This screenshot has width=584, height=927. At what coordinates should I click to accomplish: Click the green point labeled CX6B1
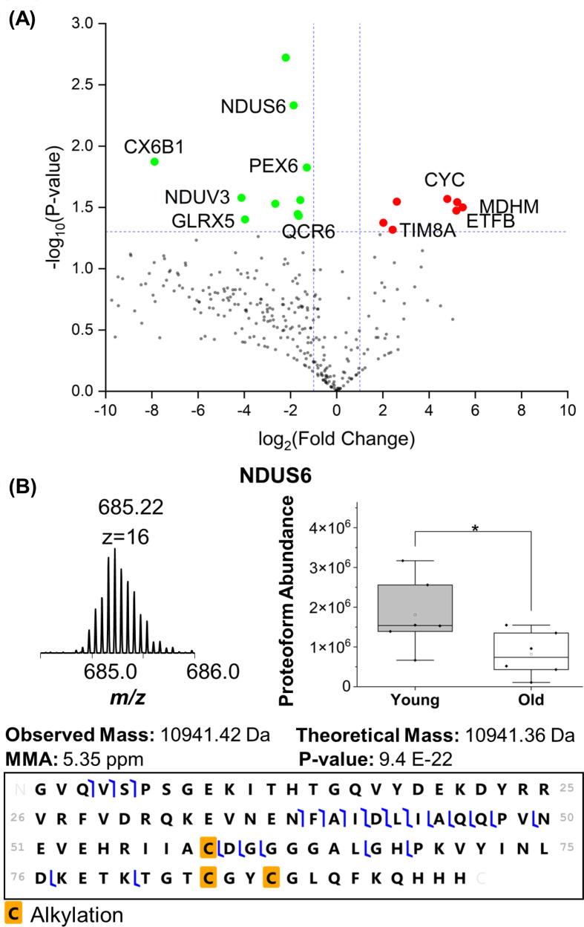coord(154,161)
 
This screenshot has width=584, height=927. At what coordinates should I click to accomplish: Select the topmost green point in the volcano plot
coord(286,58)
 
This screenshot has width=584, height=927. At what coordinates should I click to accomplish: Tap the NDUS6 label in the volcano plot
coord(253,106)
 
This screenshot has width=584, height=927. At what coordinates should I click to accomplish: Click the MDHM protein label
coord(509,206)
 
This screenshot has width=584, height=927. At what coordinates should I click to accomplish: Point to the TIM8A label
coord(427,231)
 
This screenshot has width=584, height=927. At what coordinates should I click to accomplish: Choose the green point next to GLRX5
coord(245,219)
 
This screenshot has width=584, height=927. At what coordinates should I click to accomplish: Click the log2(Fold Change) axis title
coord(336,438)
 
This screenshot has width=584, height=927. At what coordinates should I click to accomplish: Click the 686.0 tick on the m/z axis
coord(194,672)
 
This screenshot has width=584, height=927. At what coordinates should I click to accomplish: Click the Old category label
coord(531,700)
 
